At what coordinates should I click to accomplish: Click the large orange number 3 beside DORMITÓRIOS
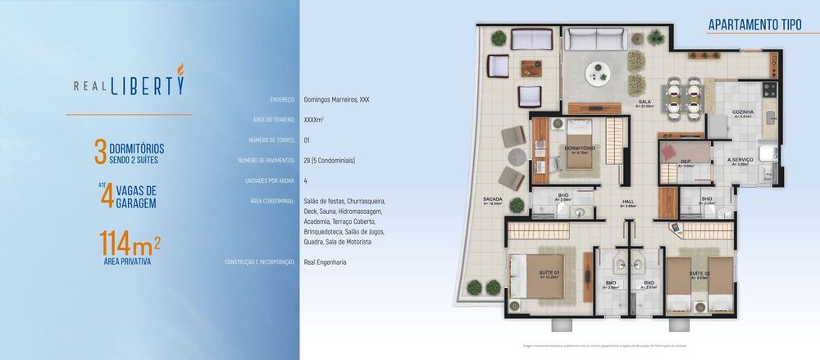click(100, 153)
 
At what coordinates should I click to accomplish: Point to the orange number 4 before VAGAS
click(106, 196)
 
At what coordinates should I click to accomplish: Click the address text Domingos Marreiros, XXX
click(336, 99)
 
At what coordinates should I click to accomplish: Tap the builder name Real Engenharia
click(325, 262)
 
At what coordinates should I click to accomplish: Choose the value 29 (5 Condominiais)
click(329, 161)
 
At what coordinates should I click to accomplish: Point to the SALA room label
click(645, 102)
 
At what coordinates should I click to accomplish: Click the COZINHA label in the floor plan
click(744, 112)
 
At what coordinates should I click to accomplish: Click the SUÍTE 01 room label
click(549, 272)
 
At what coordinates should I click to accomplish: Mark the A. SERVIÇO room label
click(740, 160)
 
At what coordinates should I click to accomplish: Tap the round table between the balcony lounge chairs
click(517, 156)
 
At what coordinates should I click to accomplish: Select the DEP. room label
click(685, 161)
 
